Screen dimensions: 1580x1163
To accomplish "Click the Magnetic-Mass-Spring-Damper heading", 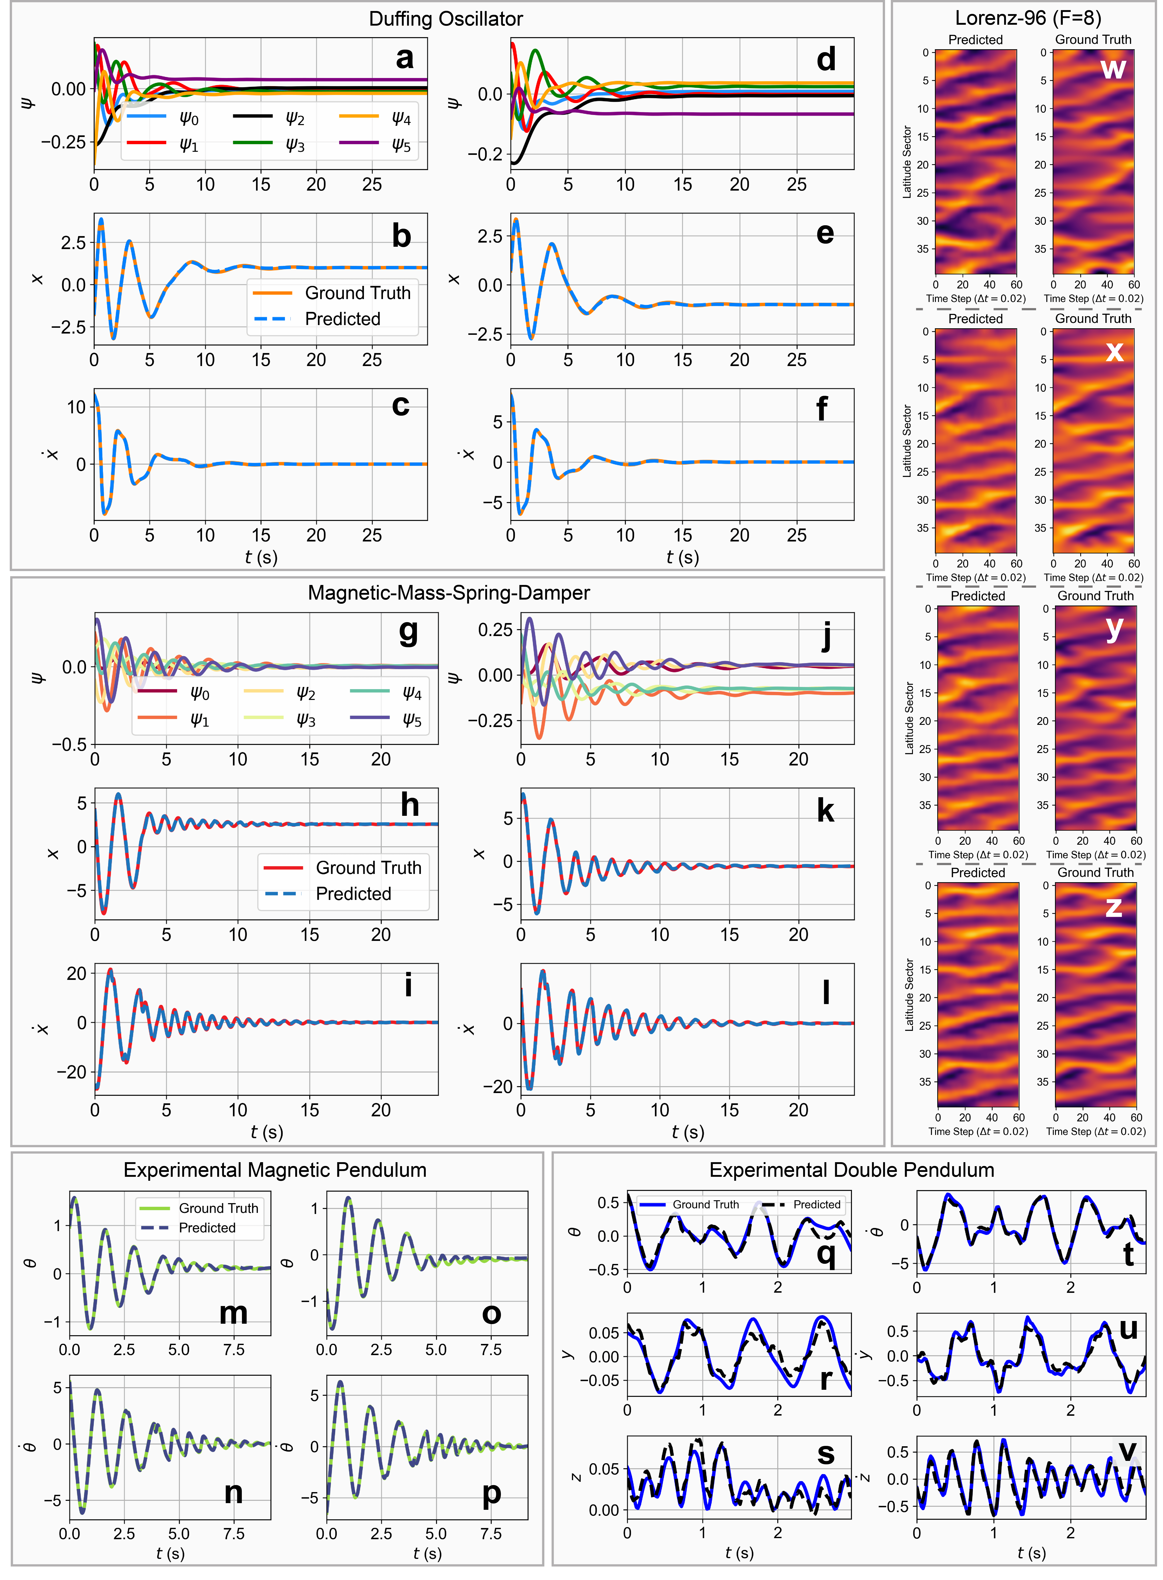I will pyautogui.click(x=449, y=593).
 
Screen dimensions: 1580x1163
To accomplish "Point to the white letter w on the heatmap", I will pyautogui.click(x=1113, y=68).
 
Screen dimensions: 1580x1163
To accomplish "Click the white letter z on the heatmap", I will pyautogui.click(x=1113, y=906).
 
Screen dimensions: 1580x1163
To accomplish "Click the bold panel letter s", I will pyautogui.click(x=826, y=1454).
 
